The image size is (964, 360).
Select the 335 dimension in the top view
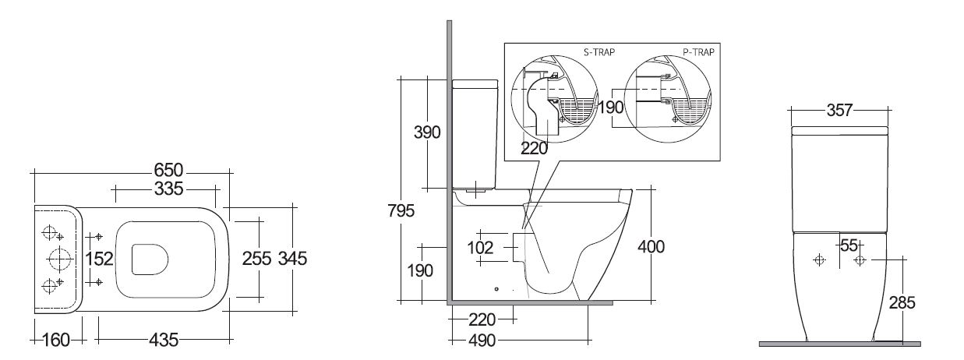tap(168, 189)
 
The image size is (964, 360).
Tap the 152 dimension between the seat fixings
tap(100, 259)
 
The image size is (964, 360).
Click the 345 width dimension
tap(291, 259)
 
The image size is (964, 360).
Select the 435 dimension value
tap(164, 341)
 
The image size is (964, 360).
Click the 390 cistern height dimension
tap(426, 132)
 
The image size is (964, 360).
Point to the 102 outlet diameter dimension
tap(481, 248)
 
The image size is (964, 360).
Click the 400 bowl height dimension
tap(651, 248)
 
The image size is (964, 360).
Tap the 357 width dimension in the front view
tap(839, 110)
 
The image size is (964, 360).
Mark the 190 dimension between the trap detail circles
tap(613, 108)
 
